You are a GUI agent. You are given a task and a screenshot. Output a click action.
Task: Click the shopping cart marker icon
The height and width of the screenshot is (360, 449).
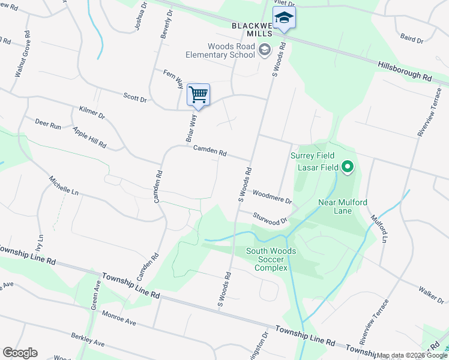198,94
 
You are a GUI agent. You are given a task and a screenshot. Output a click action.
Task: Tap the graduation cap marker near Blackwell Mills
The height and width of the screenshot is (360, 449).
284,18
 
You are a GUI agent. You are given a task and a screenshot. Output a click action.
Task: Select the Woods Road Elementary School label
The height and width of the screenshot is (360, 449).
231,52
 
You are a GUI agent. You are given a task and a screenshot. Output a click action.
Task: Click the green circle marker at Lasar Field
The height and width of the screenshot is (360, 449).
348,167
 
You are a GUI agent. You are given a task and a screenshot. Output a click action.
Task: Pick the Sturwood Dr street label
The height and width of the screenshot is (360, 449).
270,218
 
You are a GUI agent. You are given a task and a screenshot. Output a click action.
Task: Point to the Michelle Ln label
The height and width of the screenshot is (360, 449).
64,187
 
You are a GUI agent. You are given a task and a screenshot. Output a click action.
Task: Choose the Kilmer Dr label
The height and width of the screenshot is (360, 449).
92,112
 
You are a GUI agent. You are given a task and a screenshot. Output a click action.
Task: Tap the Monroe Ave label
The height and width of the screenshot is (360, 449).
119,318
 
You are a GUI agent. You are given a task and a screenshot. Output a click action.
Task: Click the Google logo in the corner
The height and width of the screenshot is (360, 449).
20,353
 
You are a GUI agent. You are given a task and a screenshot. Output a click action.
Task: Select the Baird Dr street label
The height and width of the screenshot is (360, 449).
412,39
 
